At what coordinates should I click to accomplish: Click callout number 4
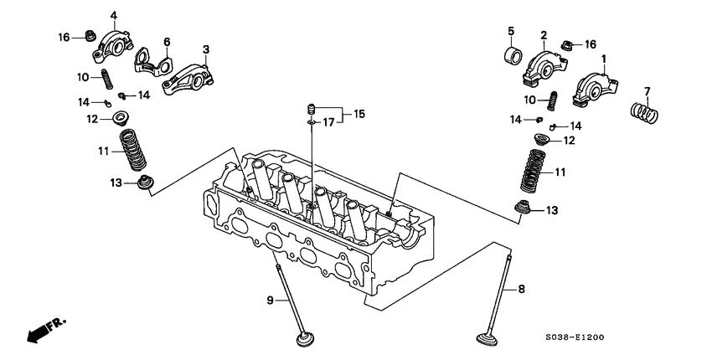pos(114,15)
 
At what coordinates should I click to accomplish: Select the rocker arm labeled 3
pos(186,75)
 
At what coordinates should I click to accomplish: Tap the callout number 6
pos(167,42)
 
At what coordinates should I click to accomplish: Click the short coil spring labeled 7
pos(644,111)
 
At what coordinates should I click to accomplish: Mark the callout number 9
pos(271,300)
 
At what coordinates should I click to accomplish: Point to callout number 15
pos(359,113)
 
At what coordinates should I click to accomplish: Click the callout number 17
pos(329,122)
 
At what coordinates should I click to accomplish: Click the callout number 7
pos(646,90)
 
